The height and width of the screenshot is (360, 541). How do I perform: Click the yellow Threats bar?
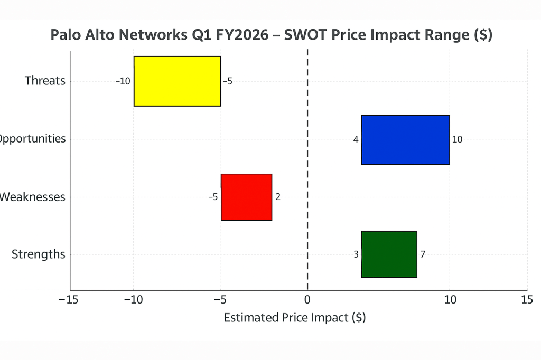point(177,81)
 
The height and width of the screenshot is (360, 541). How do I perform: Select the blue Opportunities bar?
point(405,139)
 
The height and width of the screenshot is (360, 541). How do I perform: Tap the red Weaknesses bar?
point(246,197)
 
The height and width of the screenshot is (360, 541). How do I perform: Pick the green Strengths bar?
point(389,254)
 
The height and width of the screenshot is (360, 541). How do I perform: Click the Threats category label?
point(45,81)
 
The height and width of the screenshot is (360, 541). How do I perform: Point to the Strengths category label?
point(39,254)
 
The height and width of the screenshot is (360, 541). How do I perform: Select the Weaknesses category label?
point(33,197)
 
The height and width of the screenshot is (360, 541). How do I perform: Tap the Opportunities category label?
point(33,139)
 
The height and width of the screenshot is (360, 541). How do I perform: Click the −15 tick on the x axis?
point(70,300)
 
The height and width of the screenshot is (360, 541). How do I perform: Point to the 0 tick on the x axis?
point(307,300)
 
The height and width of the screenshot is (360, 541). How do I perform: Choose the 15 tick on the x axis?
point(527,300)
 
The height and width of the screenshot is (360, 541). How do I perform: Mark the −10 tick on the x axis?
point(133,300)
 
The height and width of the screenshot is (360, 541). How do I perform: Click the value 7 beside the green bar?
point(423,254)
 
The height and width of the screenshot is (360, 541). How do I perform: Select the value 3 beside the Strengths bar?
point(356,254)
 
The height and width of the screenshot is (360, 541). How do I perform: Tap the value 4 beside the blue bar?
point(356,139)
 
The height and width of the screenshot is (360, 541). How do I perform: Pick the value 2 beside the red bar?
point(278,197)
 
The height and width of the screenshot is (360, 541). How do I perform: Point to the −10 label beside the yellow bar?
point(123,81)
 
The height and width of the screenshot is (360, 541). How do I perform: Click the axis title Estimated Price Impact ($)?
point(295,318)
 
